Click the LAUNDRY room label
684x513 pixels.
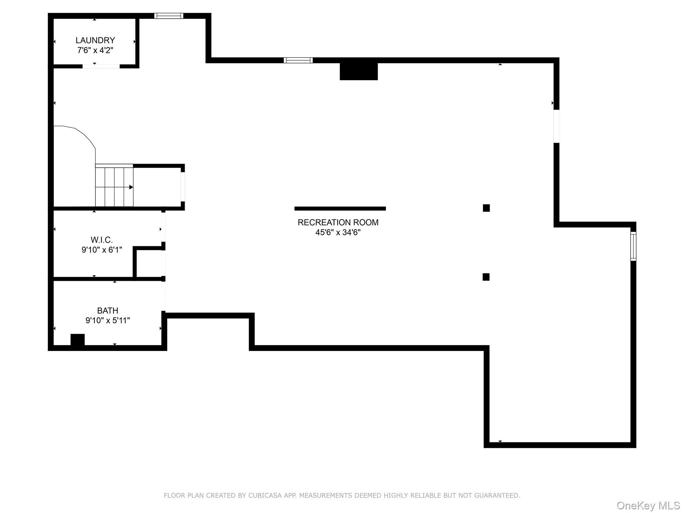click(x=95, y=40)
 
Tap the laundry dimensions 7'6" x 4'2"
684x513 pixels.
click(x=95, y=50)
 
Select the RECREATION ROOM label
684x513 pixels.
click(x=338, y=222)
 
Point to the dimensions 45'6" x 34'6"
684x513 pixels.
click(x=338, y=232)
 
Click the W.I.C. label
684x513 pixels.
click(x=102, y=240)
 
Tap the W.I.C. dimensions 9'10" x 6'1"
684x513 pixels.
click(x=102, y=250)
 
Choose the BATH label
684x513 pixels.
click(x=108, y=311)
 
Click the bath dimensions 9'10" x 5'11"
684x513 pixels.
click(x=108, y=321)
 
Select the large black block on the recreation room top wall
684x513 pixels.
click(x=359, y=71)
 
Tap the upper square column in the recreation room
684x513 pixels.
click(x=486, y=208)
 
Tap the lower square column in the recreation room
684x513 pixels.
click(x=486, y=277)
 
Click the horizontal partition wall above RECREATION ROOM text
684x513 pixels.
click(x=340, y=208)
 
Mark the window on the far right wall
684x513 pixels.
click(x=633, y=246)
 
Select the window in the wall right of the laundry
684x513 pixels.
click(x=169, y=16)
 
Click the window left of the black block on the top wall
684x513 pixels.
click(x=298, y=60)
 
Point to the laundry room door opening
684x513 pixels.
click(x=101, y=66)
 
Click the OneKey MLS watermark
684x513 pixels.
click(x=648, y=506)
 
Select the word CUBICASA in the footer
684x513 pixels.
click(x=264, y=495)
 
